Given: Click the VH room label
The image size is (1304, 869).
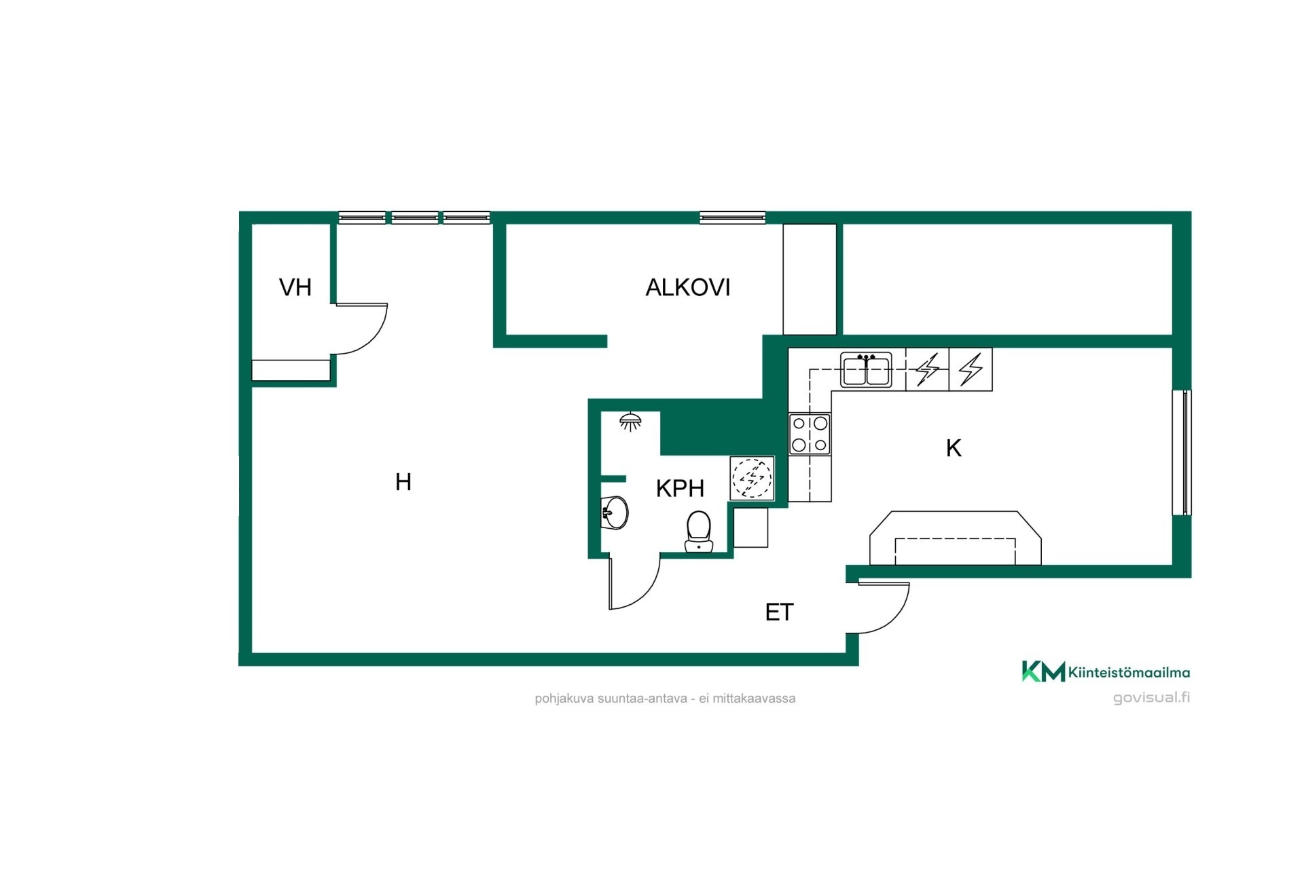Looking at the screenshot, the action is pos(295,287).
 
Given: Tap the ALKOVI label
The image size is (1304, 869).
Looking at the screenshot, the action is pos(687,287).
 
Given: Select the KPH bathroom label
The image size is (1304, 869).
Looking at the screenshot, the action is pos(680,488).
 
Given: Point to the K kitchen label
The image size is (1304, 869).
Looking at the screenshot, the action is pos(954,448).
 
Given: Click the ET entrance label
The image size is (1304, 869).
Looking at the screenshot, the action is pos(779,612).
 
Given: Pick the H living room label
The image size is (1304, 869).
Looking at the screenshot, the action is pos(403,482).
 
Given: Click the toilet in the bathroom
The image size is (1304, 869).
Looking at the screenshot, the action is pos(698,532).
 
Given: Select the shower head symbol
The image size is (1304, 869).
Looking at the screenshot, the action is pos(631,421).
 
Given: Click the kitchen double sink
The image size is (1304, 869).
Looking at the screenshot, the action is pos(866,370).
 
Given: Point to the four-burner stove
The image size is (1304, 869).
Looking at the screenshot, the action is pos(810,434).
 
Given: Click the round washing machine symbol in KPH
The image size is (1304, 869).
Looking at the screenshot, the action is pos(752,478).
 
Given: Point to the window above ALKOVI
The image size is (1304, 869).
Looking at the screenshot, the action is pos(732,217).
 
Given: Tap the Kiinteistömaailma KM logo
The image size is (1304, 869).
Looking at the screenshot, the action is pos(1106,671).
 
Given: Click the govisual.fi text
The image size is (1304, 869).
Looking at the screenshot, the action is pos(1151,698).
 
